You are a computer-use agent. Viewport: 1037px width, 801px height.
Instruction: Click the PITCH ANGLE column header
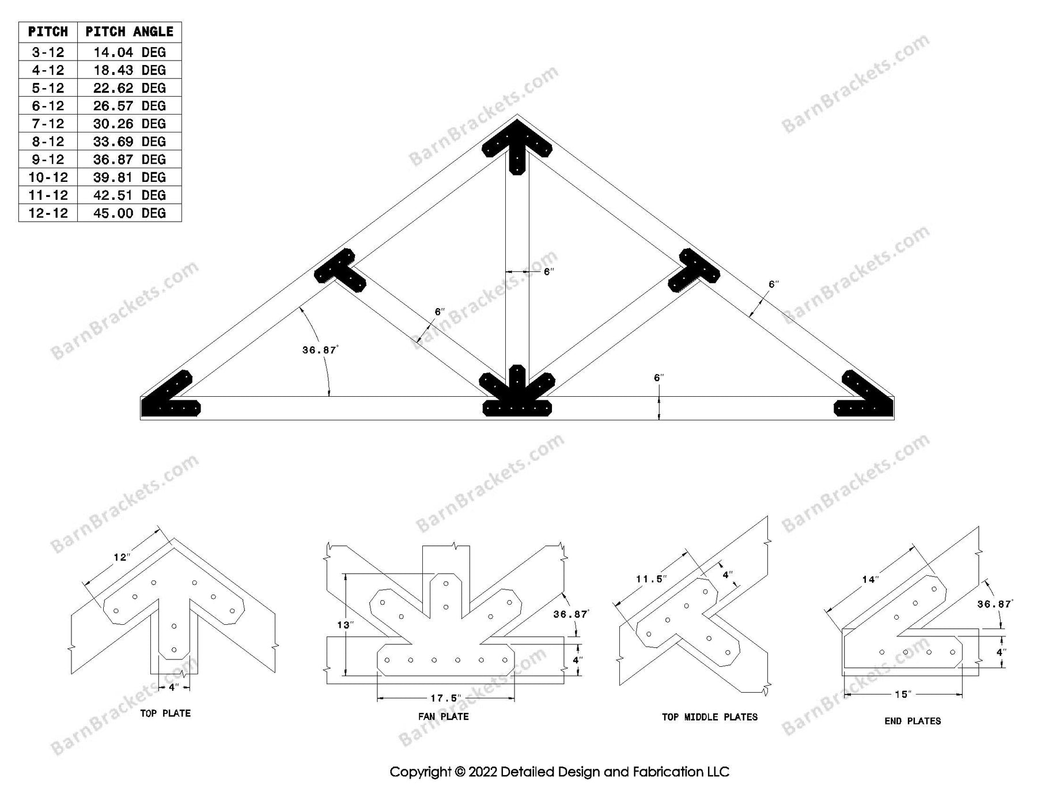coord(129,32)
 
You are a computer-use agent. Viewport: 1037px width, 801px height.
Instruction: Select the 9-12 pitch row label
coord(48,160)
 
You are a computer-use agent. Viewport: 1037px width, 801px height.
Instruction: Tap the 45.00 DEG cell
coord(129,213)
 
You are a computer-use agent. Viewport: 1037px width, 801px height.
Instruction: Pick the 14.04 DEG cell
coord(129,52)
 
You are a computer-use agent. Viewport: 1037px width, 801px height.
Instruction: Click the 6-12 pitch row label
coord(48,106)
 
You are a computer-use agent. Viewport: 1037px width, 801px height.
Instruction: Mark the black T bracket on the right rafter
coord(694,270)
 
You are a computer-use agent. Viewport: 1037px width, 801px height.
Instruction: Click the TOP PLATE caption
coord(165,713)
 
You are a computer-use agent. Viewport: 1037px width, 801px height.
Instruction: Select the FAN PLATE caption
coord(443,716)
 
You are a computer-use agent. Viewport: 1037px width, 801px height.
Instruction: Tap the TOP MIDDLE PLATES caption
coord(710,717)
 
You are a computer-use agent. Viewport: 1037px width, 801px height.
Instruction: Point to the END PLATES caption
coord(913,720)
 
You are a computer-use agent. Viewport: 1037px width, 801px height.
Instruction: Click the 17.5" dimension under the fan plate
coord(446,698)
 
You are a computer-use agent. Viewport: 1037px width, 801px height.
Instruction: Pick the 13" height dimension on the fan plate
coord(345,624)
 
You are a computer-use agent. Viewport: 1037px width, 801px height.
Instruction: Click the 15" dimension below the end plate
coord(903,694)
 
